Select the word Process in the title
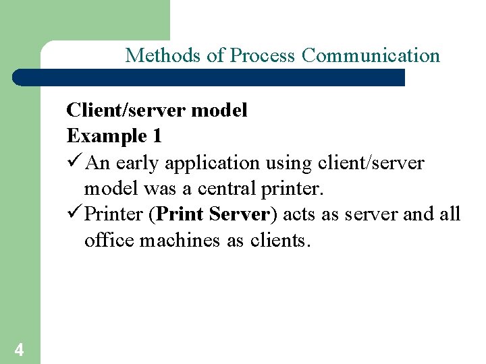point(264,55)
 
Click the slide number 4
point(19,349)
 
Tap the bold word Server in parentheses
point(239,215)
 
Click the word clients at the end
point(277,241)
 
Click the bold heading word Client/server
point(126,110)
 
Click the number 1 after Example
point(157,136)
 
